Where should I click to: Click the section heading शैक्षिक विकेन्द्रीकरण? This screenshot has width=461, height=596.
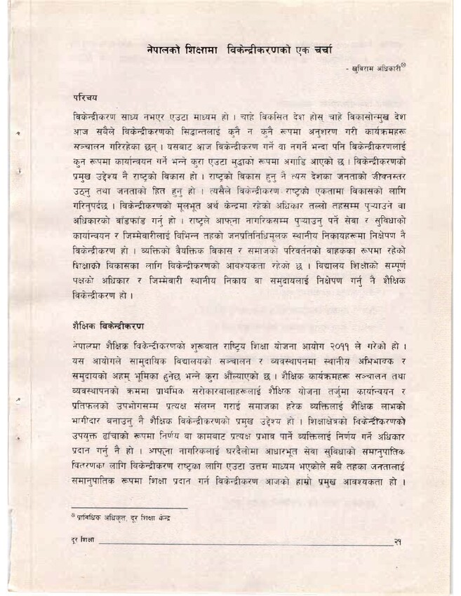point(108,327)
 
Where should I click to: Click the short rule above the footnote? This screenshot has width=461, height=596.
point(130,506)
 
